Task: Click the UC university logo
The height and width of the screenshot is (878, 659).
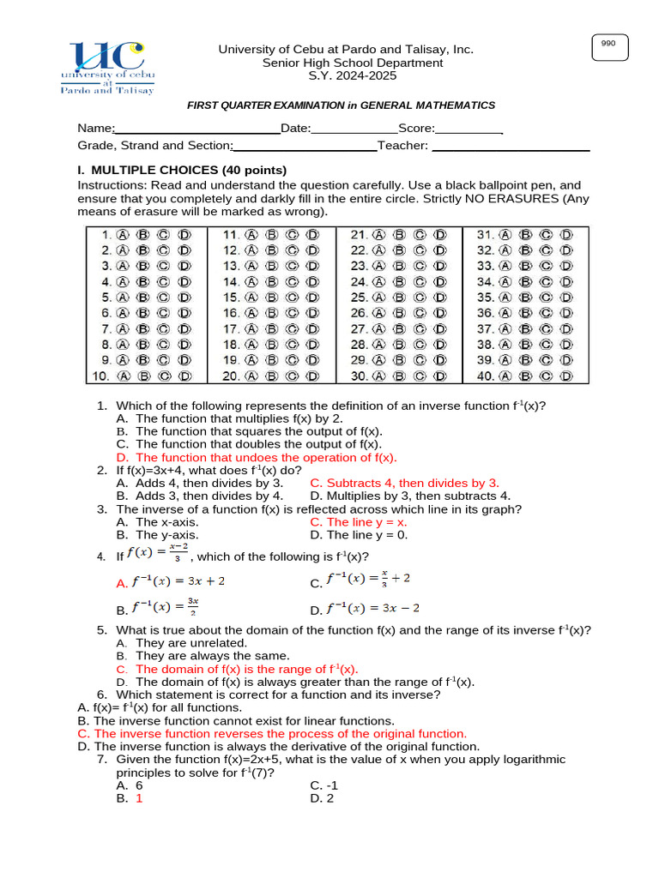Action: tap(107, 67)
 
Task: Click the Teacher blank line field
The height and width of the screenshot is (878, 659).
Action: tap(511, 146)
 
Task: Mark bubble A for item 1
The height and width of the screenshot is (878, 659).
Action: tap(123, 234)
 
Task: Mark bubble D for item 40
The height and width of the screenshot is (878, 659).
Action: tap(567, 376)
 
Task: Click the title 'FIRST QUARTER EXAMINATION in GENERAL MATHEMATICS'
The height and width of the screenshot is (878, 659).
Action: tap(342, 105)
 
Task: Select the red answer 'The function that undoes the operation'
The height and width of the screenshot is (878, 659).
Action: tap(266, 458)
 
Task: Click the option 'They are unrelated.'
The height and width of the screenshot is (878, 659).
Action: tap(191, 642)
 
